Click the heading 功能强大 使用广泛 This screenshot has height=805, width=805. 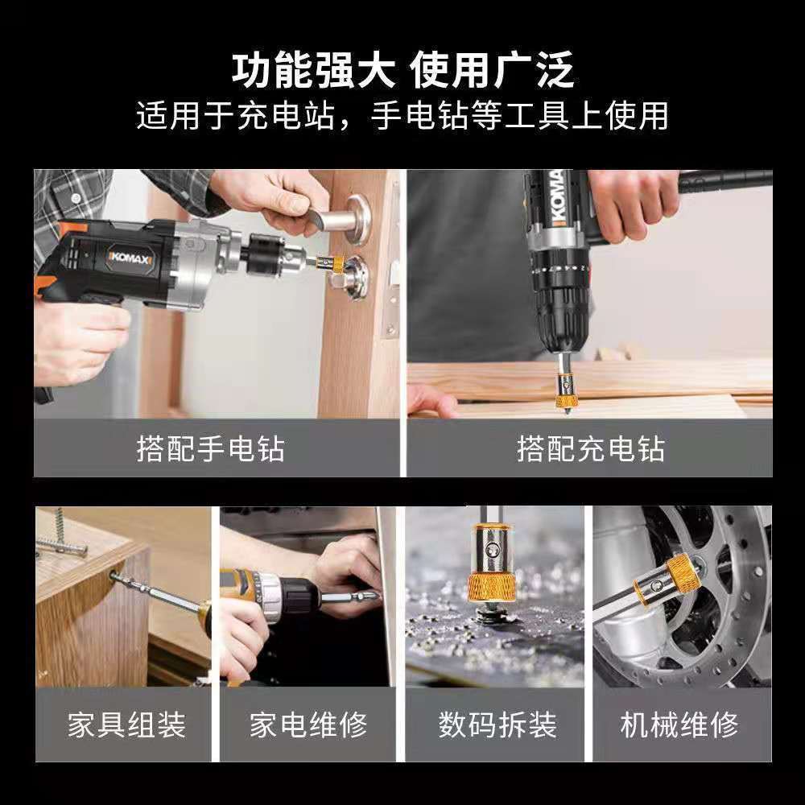[x=402, y=70]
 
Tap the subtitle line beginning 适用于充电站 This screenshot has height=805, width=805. [x=402, y=115]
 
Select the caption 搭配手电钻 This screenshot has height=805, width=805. [x=210, y=448]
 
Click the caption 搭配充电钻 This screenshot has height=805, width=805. [x=590, y=448]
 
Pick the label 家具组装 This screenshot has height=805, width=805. [x=127, y=724]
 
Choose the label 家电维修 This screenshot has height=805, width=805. [x=308, y=724]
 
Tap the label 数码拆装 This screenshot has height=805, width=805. [x=497, y=724]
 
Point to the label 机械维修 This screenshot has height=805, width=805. [x=679, y=724]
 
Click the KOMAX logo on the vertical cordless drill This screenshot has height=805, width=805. [x=559, y=198]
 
